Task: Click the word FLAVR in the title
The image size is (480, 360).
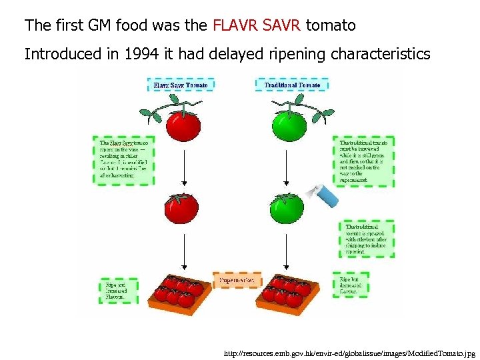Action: coord(234,26)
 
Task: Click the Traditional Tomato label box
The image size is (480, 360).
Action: coord(289,85)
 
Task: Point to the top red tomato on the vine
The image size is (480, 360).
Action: coord(182,125)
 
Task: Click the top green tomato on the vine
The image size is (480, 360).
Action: coord(288,125)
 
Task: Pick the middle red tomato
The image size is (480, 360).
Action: coord(181,207)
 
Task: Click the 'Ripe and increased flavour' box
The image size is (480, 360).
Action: coord(118,291)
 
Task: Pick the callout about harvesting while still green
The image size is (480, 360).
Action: coord(364,161)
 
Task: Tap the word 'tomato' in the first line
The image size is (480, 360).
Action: coord(331,26)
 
